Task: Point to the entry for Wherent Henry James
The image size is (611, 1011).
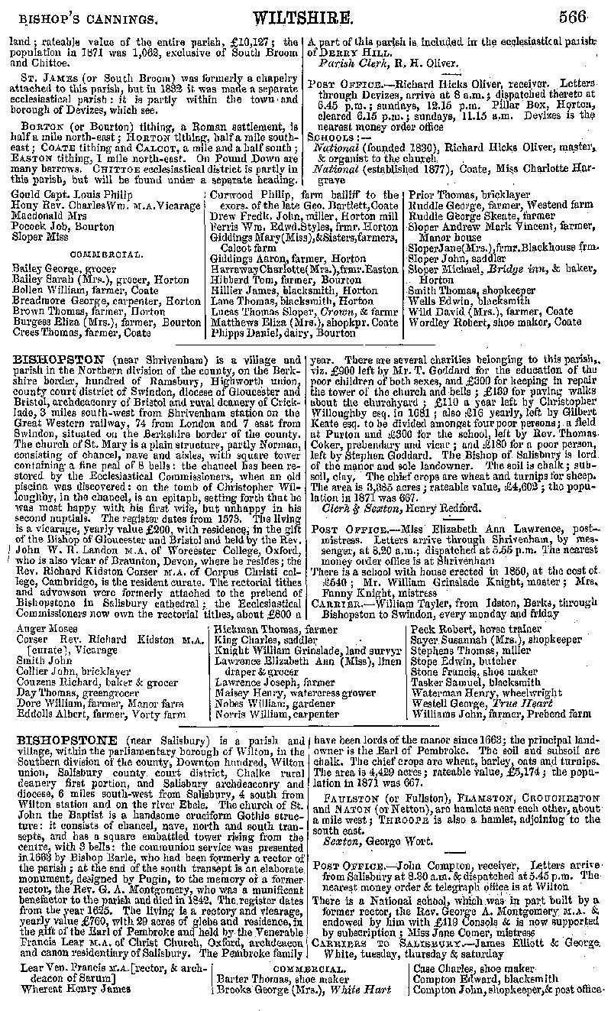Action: (69, 989)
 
